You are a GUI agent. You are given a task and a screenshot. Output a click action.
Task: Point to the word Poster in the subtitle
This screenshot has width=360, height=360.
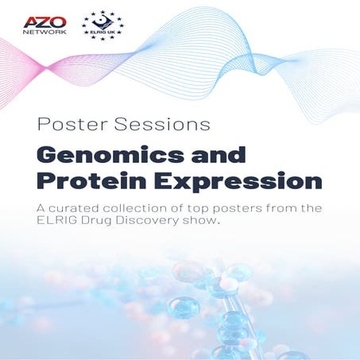[64, 125]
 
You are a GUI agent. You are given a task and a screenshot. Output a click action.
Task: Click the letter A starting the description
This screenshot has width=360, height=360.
[42, 208]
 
